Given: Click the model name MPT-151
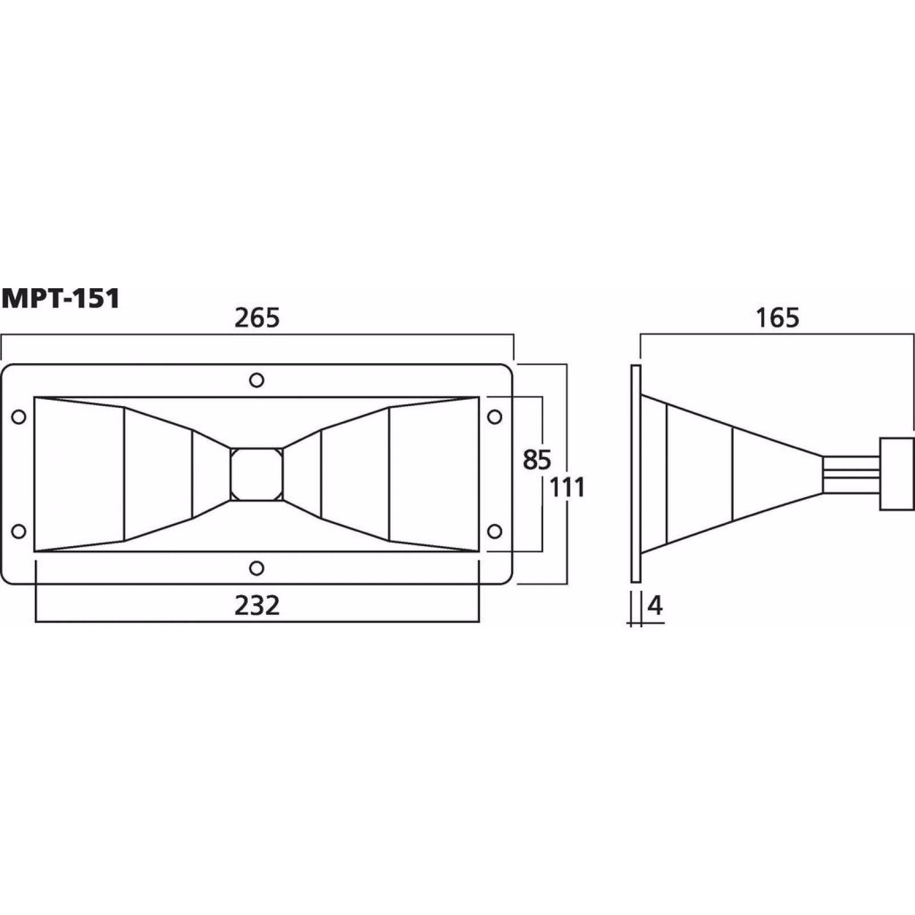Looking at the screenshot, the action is coord(61,299).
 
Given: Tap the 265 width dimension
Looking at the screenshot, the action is coord(257,318).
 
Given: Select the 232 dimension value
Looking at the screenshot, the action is coord(257,606).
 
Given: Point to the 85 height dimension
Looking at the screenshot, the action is coord(536,460).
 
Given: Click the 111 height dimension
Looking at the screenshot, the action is coord(567,488).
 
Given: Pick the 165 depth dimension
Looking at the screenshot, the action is coord(777,318).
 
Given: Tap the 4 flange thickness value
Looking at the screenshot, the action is coord(655,606).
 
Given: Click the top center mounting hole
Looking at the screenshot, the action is coord(257,380).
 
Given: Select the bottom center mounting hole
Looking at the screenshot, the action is coord(257,568).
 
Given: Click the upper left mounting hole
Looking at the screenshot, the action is coord(19,417).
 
